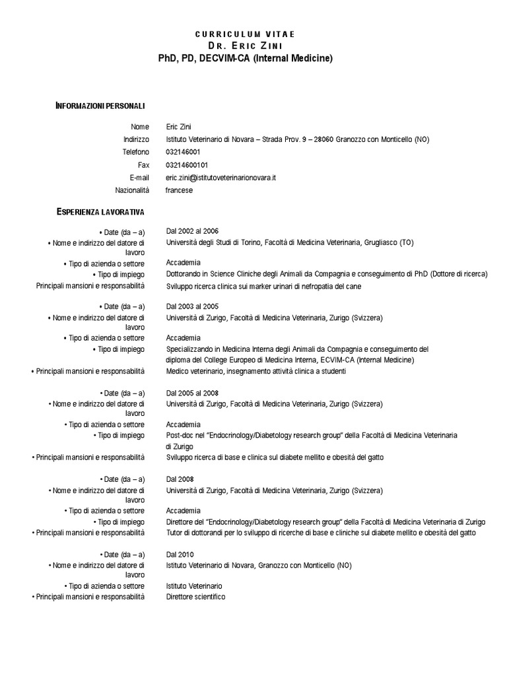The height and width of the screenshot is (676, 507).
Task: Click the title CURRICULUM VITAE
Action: click(x=245, y=34)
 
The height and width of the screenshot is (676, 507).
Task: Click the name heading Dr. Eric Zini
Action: click(x=245, y=46)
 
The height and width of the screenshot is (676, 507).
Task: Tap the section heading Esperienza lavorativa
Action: click(x=105, y=211)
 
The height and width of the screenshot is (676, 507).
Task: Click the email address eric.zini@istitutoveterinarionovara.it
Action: click(x=220, y=178)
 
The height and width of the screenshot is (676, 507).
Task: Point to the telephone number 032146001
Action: click(x=183, y=152)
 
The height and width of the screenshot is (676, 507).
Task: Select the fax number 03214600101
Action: click(x=187, y=165)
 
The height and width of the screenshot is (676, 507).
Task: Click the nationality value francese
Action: click(x=180, y=190)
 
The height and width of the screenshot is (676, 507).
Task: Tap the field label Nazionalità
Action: click(x=132, y=190)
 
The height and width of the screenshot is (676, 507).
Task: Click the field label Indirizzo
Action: click(x=136, y=139)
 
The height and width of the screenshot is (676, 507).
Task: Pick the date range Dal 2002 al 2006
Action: click(x=192, y=232)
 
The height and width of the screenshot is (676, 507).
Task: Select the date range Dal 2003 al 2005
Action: click(x=192, y=306)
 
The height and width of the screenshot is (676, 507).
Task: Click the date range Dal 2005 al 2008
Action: click(x=192, y=393)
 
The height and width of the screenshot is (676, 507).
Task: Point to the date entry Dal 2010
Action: click(x=180, y=554)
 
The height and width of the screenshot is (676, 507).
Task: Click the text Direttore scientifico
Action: click(x=195, y=597)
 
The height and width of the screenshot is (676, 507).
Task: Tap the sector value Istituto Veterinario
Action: click(x=194, y=586)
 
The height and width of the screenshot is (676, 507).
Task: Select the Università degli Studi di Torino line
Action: click(x=290, y=243)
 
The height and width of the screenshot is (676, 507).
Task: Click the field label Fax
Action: click(x=143, y=165)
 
